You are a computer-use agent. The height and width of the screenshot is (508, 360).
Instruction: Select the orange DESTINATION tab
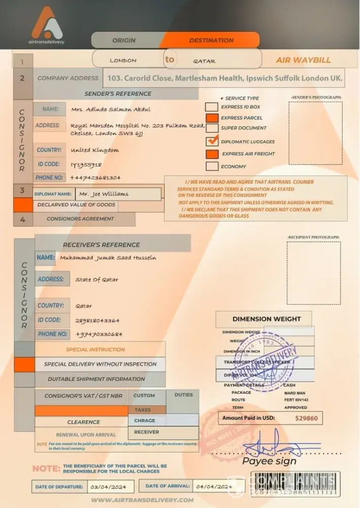point(211,40)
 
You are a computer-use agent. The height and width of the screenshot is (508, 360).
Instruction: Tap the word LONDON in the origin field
point(123,60)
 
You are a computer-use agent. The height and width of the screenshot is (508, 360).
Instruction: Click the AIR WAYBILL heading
point(303,60)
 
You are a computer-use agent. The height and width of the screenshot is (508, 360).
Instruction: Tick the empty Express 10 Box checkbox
point(212,107)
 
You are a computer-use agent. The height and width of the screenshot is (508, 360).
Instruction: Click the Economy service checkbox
point(212,166)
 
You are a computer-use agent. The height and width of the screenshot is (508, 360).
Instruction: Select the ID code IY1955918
point(86,164)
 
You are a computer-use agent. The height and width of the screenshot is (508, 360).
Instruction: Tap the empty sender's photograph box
point(315,133)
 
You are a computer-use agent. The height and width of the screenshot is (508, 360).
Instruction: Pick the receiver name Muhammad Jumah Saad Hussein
point(108,258)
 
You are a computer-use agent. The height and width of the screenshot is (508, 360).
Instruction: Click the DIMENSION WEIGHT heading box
point(267,319)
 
